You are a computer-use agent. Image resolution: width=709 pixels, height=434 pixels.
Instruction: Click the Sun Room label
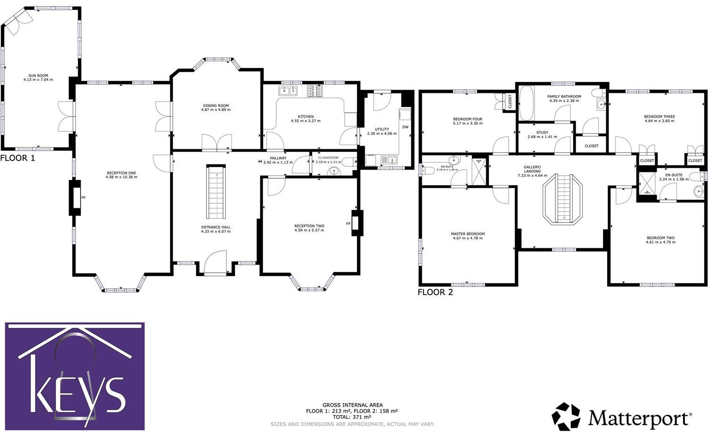(38, 75)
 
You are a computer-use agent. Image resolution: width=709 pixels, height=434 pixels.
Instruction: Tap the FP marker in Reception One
(83, 197)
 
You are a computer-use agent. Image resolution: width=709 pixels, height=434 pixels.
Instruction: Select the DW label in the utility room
(405, 127)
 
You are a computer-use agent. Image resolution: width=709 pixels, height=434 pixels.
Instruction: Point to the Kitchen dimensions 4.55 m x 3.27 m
(305, 121)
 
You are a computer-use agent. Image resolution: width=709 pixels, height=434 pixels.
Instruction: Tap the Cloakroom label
(328, 157)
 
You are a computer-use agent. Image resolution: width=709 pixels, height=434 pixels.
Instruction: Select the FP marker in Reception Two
(348, 223)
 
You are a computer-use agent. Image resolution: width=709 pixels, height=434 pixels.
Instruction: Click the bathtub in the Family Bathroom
(526, 103)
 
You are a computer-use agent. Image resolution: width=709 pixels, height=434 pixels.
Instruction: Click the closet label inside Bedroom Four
(510, 101)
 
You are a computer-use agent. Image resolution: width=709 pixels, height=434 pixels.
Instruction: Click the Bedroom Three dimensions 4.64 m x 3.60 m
(660, 121)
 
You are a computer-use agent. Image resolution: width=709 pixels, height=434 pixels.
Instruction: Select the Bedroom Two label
(660, 238)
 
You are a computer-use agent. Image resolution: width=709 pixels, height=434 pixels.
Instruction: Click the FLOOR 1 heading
(17, 158)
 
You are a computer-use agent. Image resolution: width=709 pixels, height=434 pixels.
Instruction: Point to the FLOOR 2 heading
(435, 292)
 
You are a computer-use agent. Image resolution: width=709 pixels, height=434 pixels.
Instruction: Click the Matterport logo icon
(567, 417)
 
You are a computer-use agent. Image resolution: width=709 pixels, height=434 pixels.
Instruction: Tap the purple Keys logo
(75, 372)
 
